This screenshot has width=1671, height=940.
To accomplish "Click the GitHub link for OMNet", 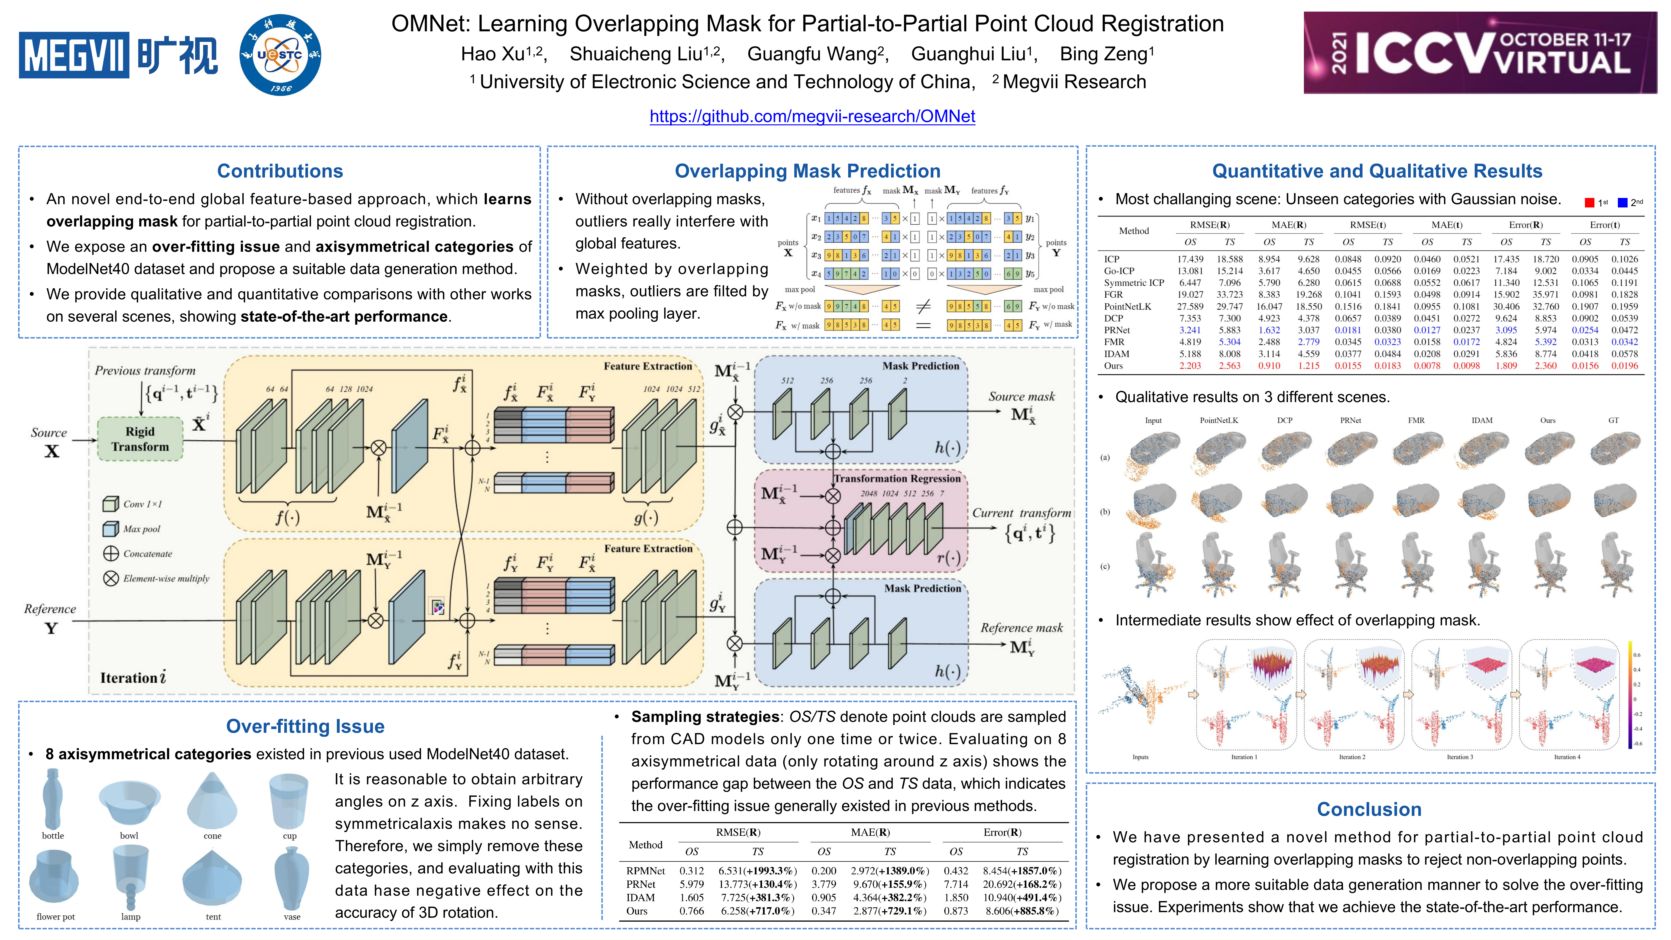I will pos(812,116).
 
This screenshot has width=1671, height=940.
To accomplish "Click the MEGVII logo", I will pos(118,55).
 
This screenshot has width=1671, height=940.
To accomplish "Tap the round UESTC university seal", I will pos(280,55).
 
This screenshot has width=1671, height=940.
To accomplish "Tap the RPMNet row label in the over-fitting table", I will pos(645,871).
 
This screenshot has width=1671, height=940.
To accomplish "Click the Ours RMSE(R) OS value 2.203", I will pos(1190,366).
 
